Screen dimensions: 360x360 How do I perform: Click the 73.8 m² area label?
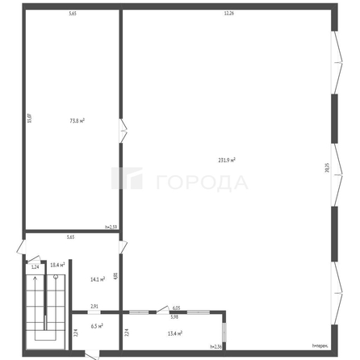pyautogui.click(x=77, y=120)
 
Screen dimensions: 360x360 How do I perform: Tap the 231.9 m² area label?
pyautogui.click(x=226, y=160)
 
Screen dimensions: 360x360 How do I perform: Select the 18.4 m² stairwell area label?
pyautogui.click(x=57, y=265)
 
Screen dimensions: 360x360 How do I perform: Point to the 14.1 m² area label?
pyautogui.click(x=97, y=279)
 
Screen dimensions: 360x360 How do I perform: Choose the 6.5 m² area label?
pyautogui.click(x=98, y=326)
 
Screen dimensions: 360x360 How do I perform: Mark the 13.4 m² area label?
pyautogui.click(x=174, y=333)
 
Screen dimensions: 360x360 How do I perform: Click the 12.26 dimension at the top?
pyautogui.click(x=228, y=13)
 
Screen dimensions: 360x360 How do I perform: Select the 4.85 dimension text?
pyautogui.click(x=115, y=276)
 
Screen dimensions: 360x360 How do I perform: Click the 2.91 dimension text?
pyautogui.click(x=94, y=307)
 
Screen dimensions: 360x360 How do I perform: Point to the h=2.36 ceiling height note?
pyautogui.click(x=216, y=346)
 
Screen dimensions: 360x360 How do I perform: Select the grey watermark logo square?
pyautogui.click(x=132, y=181)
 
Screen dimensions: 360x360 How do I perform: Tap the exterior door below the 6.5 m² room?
pyautogui.click(x=92, y=354)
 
